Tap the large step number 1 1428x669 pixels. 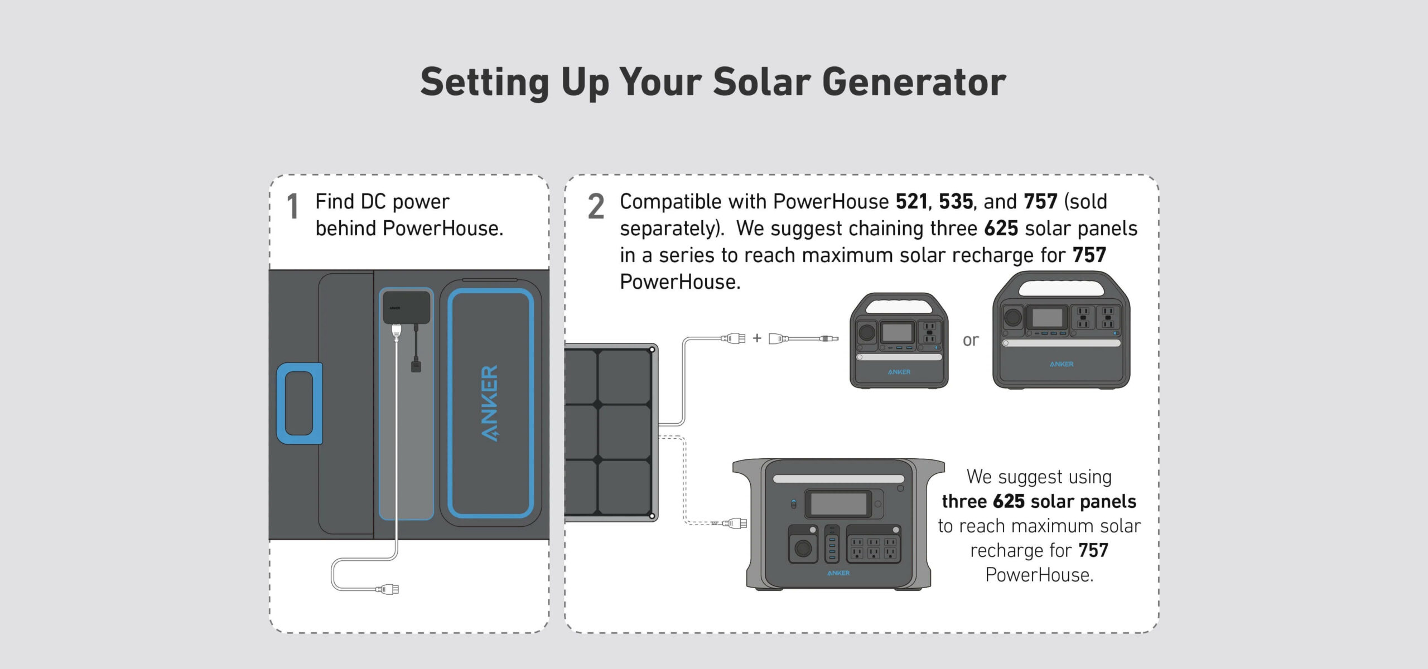coord(292,207)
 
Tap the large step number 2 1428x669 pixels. coord(596,207)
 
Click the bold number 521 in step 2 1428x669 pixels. coord(912,201)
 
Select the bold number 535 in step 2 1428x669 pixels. coord(956,201)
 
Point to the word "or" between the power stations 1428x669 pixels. coord(971,340)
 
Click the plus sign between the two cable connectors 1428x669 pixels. coord(757,338)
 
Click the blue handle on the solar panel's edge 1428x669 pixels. coord(300,403)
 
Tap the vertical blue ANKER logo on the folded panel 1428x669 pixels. coord(489,403)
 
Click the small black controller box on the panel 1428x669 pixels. coord(407,307)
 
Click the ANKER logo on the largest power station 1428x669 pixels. coord(838,573)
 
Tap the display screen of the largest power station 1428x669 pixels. coord(838,504)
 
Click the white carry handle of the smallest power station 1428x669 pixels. coord(899,308)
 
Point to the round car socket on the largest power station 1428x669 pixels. coord(803,549)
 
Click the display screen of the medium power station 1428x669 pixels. coord(1048,318)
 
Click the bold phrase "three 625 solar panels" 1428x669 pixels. coord(1039,502)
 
